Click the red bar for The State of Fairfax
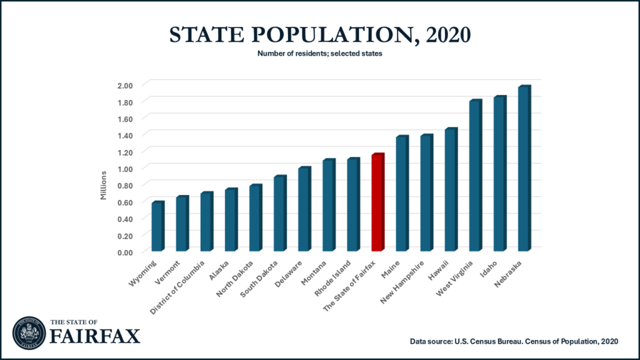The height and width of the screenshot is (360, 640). [x=377, y=203]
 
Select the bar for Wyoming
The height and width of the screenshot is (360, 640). [x=157, y=227]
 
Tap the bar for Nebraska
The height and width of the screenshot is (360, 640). [x=524, y=169]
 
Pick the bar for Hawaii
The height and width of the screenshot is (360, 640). [x=451, y=191]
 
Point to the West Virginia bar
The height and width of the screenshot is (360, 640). [x=475, y=176]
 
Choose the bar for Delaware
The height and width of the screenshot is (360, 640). [x=304, y=210]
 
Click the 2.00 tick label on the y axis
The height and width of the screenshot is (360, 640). [x=126, y=84]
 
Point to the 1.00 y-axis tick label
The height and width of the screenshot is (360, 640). [x=126, y=168]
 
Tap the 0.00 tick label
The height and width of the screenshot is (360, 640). [x=126, y=252]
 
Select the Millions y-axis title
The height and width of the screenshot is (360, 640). [x=104, y=185]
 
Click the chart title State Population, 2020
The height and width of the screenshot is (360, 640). [x=319, y=34]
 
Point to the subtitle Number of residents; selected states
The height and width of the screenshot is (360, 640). [x=319, y=54]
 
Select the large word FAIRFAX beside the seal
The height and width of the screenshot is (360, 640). [x=95, y=336]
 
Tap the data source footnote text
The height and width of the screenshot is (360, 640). [x=514, y=341]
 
